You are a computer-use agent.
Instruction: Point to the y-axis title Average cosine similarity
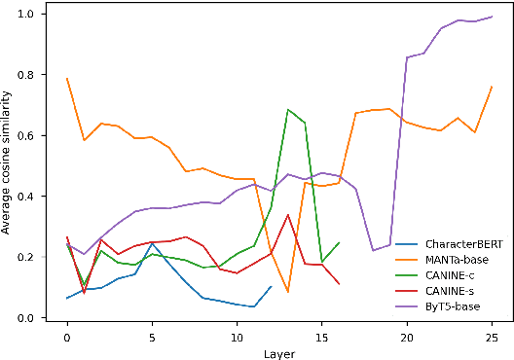(8, 163)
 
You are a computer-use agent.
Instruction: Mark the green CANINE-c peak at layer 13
(288, 110)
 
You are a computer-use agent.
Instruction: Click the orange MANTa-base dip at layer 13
(288, 292)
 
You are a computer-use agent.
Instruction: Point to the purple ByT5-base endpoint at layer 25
(492, 17)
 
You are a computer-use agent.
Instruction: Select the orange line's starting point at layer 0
(67, 79)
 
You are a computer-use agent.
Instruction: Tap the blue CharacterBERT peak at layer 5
(152, 244)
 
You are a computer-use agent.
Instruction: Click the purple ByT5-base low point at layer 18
(373, 251)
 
